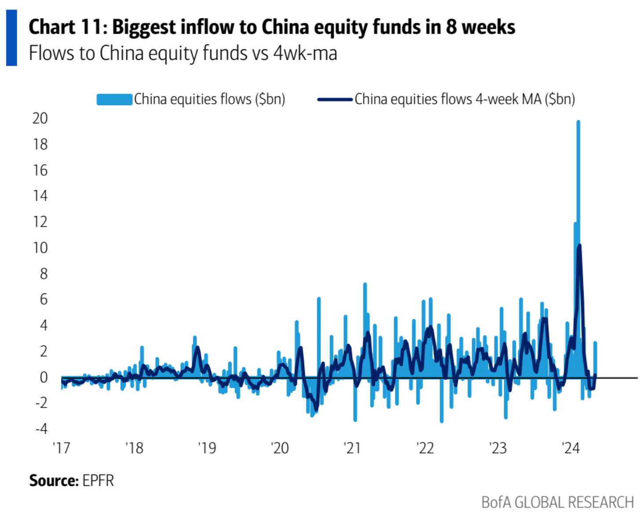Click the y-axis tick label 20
[40, 118]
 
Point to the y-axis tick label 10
[40, 248]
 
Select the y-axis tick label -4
[41, 428]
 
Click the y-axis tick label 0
[44, 377]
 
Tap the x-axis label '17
[61, 448]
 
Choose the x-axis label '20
[280, 448]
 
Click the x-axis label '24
[571, 448]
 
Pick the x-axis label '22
[425, 448]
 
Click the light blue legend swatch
[114, 99]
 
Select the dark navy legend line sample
[335, 99]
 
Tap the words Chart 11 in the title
[66, 27]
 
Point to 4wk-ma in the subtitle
[305, 53]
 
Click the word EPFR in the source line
[98, 480]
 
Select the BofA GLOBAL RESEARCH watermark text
[557, 502]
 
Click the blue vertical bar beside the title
[11, 38]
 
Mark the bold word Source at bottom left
[54, 480]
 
